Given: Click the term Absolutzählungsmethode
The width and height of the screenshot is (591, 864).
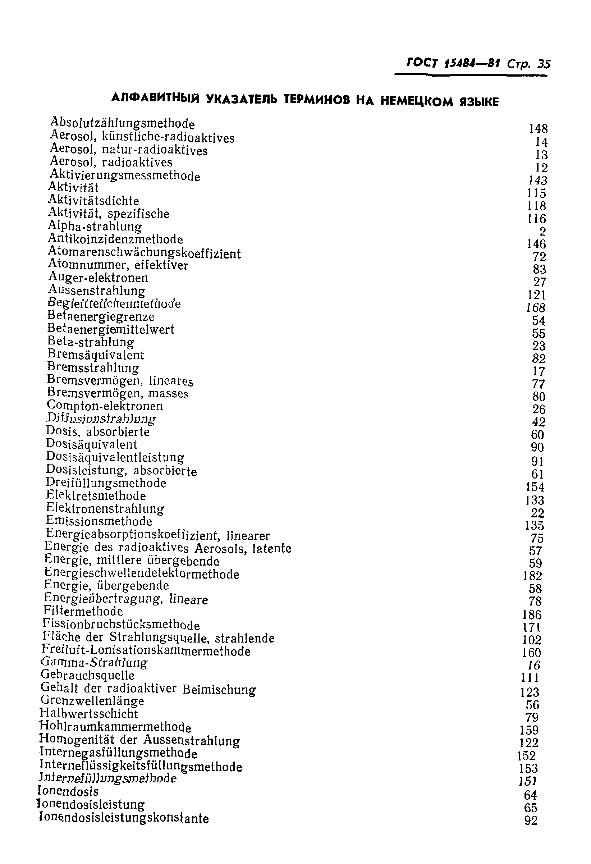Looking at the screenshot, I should [122, 123].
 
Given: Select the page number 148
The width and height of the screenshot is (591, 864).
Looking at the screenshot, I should [538, 129].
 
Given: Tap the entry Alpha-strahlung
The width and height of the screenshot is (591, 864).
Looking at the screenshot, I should [95, 227].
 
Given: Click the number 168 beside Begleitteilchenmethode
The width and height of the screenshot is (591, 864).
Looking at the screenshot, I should [536, 308].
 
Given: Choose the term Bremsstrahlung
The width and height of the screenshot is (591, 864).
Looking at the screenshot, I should [93, 368].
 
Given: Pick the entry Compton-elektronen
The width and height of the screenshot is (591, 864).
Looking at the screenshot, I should [105, 406].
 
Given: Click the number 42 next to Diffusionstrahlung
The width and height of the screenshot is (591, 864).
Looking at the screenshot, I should [538, 422].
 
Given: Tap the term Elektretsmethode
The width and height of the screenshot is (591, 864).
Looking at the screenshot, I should [96, 496].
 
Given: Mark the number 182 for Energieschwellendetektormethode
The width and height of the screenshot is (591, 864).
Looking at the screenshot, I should [532, 576].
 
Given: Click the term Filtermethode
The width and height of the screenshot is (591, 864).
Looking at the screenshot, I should [83, 611].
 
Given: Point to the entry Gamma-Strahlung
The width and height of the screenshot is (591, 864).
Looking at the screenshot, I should [94, 663].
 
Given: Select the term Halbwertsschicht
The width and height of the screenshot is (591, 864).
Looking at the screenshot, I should [89, 713].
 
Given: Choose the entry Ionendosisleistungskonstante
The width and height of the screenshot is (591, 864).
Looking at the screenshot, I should [124, 818].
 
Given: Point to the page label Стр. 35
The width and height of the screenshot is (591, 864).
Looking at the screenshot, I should [528, 64].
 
